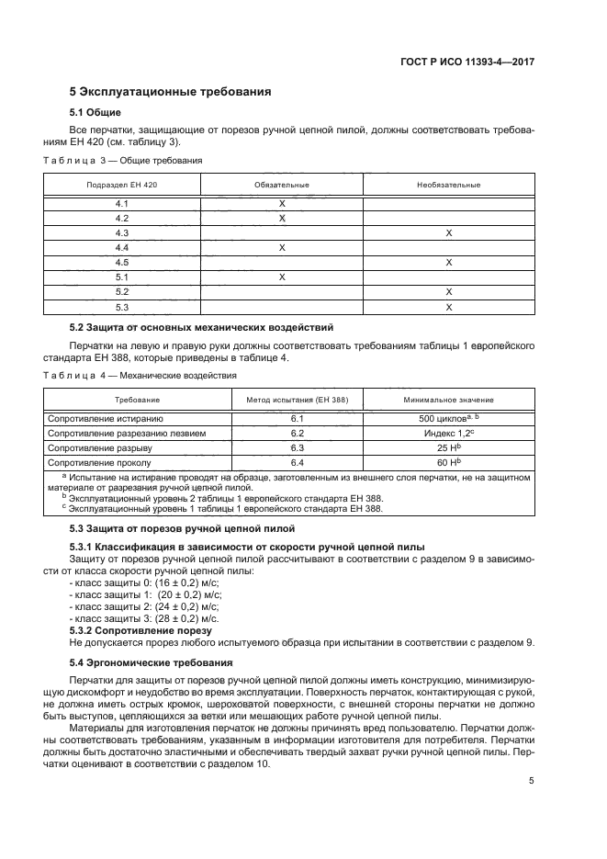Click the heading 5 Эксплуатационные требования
(171, 92)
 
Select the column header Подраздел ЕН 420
(121, 185)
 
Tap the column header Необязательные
(449, 185)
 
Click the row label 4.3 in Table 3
(121, 232)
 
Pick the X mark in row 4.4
(282, 247)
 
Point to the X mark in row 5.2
(449, 291)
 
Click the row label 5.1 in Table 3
(121, 277)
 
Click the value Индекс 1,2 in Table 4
(447, 433)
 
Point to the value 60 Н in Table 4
(447, 462)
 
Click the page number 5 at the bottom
(532, 781)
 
